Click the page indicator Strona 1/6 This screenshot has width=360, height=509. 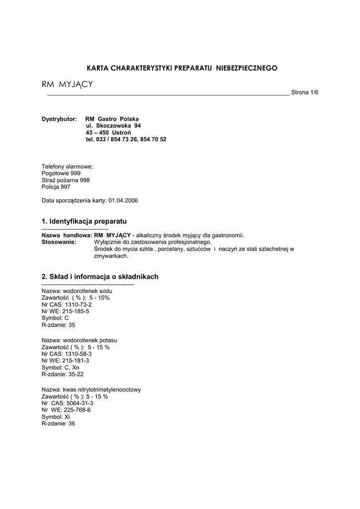point(304,92)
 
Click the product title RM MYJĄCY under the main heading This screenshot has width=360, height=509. point(67,85)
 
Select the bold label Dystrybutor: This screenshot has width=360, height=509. point(59,119)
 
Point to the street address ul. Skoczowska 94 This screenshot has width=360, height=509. point(113,126)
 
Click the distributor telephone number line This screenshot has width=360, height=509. point(126,140)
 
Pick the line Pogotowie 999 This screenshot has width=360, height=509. point(61,173)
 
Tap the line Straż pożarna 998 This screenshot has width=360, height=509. point(66,180)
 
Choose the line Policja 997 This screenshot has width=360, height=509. point(56,187)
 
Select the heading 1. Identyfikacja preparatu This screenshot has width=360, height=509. point(84,220)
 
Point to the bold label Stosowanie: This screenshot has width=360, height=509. point(59,242)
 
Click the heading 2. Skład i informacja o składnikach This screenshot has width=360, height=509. point(100,276)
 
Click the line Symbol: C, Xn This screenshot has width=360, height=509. point(60,368)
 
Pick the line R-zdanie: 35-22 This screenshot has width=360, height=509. point(63,374)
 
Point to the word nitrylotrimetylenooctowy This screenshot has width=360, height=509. point(109,390)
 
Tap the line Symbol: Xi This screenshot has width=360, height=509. point(56,417)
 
